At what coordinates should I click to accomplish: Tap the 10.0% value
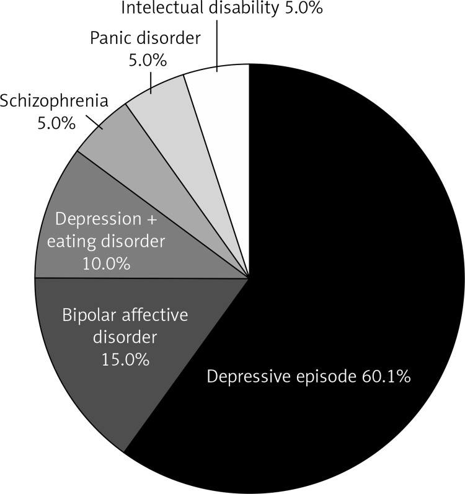coord(106,263)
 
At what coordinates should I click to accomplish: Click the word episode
coord(322,376)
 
